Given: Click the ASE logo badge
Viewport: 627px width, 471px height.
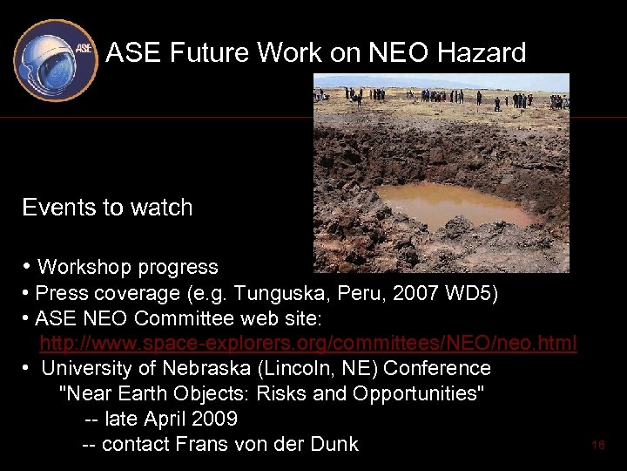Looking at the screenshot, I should [x=55, y=58].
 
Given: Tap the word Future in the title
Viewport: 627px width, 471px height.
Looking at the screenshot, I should [x=209, y=53].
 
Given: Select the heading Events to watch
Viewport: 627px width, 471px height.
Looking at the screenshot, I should [x=107, y=208].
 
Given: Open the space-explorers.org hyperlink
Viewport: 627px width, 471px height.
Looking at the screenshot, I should [x=308, y=344].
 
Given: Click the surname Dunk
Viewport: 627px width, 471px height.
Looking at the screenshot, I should [x=334, y=444].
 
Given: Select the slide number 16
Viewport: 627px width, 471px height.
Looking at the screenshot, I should [x=597, y=445].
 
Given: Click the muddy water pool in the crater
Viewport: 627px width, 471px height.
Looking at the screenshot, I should [x=453, y=204].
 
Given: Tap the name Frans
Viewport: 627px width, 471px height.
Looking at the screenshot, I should [x=201, y=444].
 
